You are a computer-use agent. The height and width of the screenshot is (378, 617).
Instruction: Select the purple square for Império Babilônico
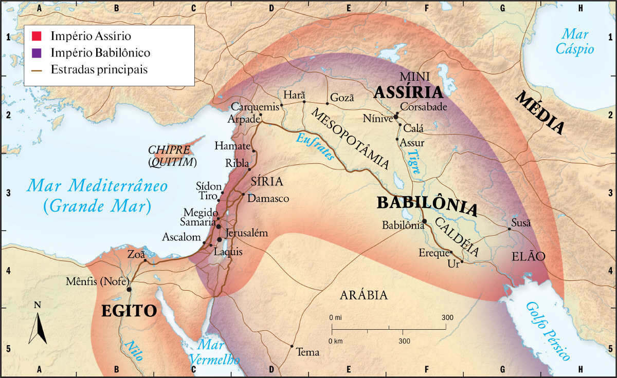(36, 52)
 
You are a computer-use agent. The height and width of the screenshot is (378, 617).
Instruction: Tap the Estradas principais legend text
(99, 69)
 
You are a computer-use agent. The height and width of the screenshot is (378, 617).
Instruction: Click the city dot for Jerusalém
(220, 239)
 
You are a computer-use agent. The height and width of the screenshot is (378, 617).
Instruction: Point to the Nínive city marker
(396, 117)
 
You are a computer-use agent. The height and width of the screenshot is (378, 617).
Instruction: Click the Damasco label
(268, 198)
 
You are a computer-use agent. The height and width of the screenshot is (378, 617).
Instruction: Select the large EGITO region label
(129, 311)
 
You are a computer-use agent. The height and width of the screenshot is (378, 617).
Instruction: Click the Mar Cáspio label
(577, 42)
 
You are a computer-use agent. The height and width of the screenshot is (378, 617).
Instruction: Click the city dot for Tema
(292, 346)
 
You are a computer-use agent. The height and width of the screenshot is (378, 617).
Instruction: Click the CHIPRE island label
(169, 150)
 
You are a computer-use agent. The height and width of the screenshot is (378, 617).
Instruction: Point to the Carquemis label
(255, 107)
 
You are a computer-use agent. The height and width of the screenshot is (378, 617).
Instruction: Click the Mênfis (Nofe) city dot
(129, 289)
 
